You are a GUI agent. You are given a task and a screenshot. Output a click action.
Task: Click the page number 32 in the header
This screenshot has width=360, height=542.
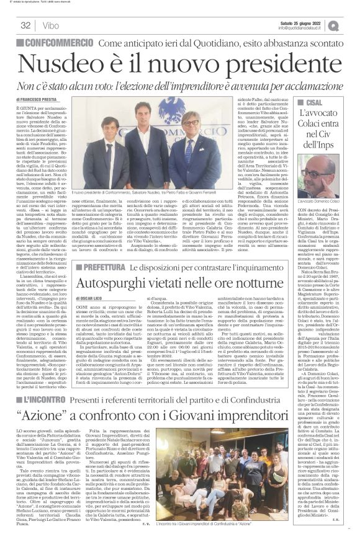point(26,25)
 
